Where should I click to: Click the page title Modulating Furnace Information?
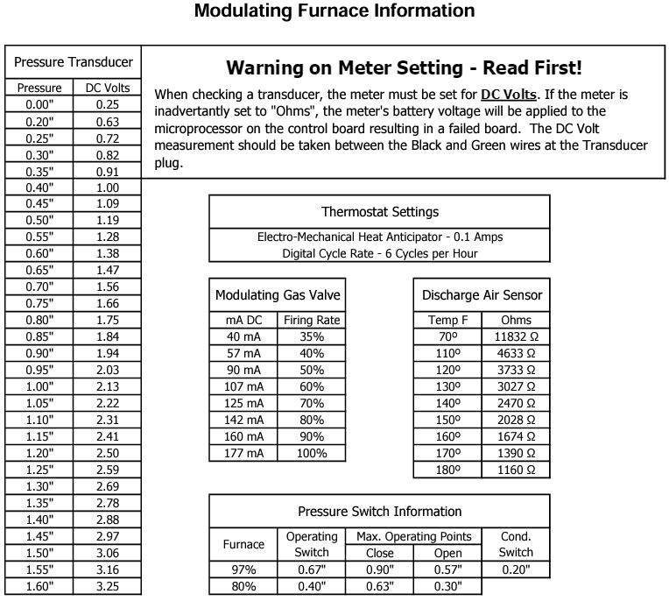point(334,11)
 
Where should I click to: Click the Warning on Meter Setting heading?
point(404,67)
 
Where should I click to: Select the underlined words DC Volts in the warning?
point(508,94)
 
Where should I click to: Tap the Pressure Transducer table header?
point(74,62)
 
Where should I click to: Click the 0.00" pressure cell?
point(39,104)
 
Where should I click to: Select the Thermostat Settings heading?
point(380,211)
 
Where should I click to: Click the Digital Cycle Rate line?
point(380,253)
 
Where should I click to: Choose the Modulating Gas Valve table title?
point(278,295)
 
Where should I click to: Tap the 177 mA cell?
point(243,453)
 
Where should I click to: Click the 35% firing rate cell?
point(312,337)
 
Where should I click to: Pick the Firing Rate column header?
point(312,320)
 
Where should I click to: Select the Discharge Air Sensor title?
point(482,295)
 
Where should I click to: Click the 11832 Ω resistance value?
point(516,337)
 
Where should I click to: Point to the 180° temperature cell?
point(447,470)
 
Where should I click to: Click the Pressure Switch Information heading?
point(380,512)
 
